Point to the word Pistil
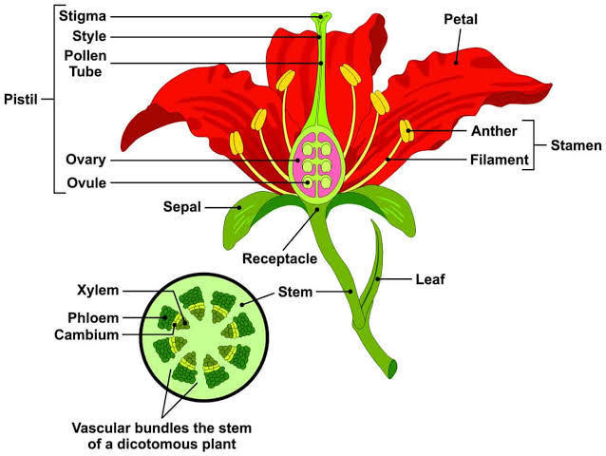[21, 98]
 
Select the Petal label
[463, 19]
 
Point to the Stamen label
[577, 145]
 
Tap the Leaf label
[430, 279]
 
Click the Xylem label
[98, 289]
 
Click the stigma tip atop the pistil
[323, 16]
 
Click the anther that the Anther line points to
[407, 131]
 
